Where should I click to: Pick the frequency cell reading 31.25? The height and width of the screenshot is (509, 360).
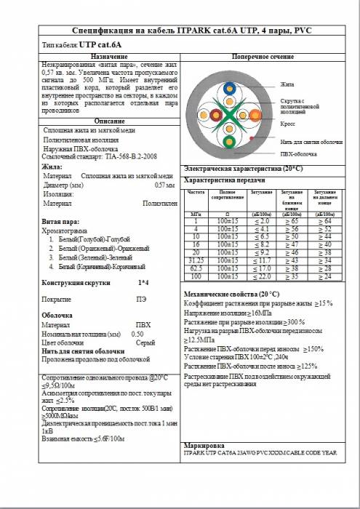(196, 260)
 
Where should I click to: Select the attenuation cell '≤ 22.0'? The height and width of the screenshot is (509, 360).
(261, 276)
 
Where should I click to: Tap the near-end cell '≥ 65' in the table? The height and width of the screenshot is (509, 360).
(292, 220)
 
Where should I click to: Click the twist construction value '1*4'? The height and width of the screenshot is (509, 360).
(143, 281)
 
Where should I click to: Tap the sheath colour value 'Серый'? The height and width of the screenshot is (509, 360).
(145, 342)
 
